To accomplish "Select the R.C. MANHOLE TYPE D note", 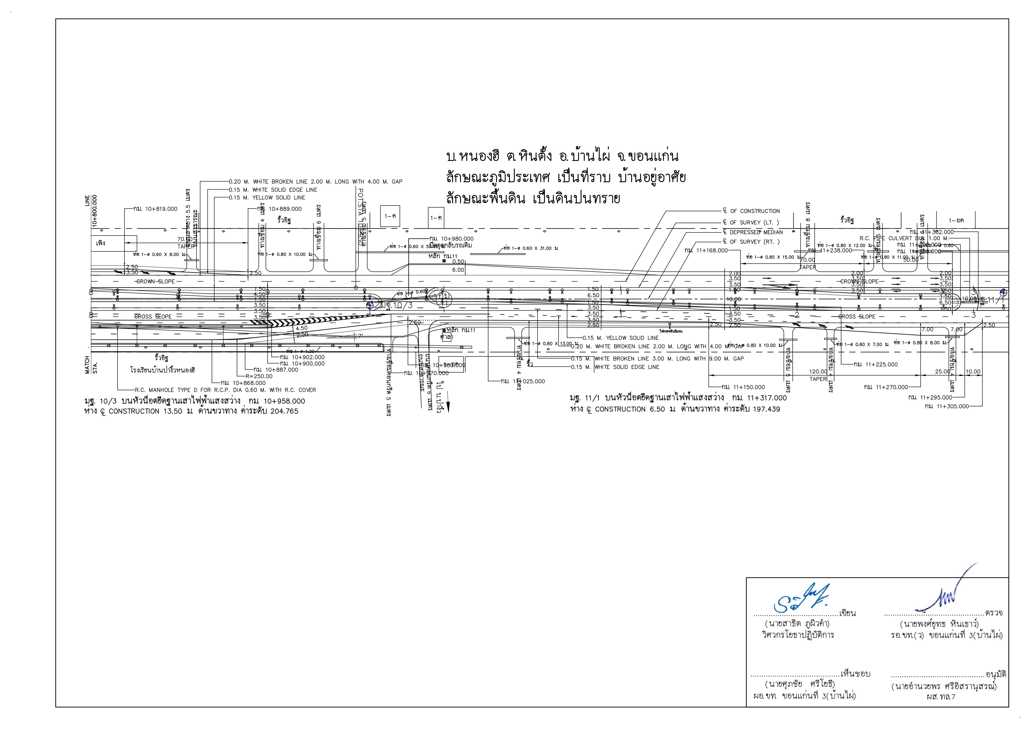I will [x=225, y=390].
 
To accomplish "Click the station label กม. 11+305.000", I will [x=947, y=406].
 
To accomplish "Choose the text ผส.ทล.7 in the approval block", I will [x=941, y=697].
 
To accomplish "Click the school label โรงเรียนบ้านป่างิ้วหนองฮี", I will [x=163, y=370].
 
